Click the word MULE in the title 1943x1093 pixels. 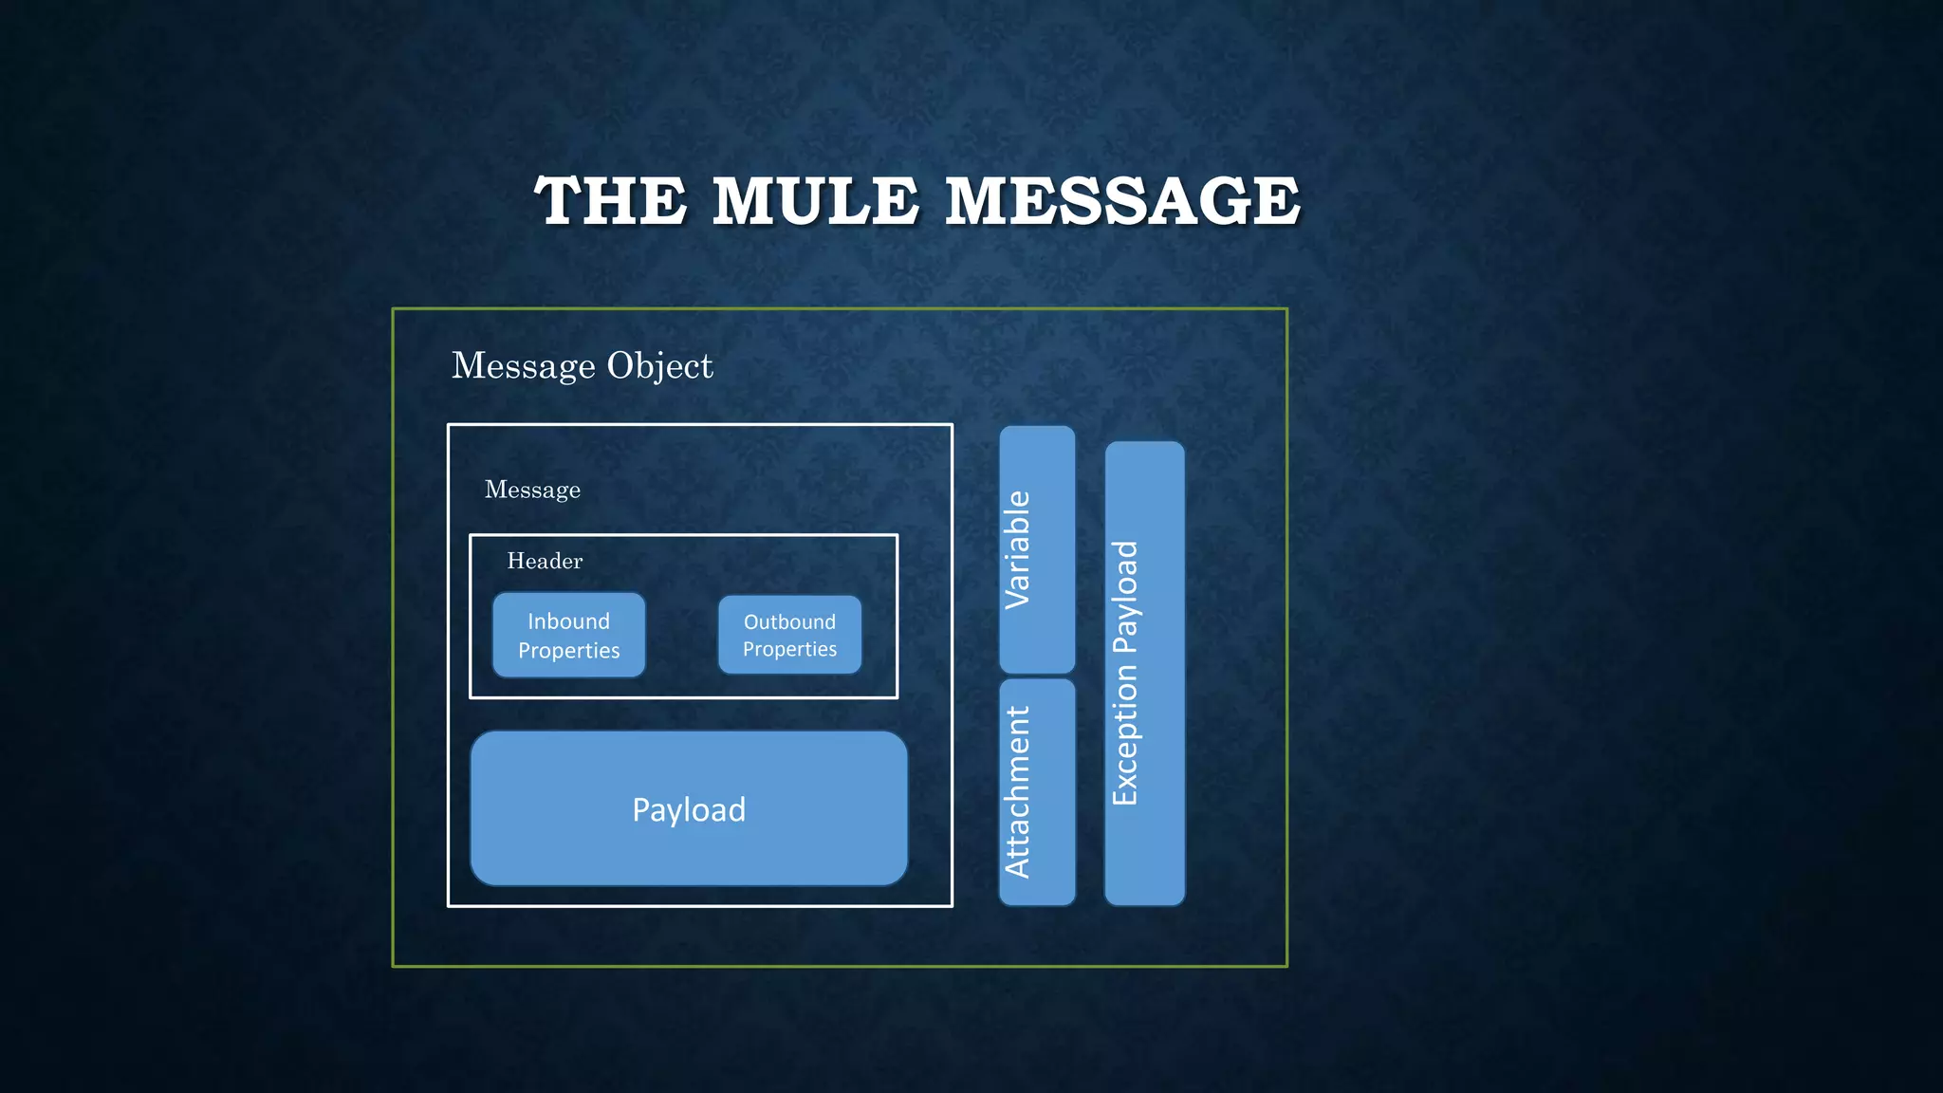pos(815,201)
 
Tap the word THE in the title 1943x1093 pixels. pos(610,201)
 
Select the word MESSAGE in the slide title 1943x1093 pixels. pos(1122,201)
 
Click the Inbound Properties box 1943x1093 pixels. pos(568,635)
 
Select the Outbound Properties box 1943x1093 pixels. pos(789,635)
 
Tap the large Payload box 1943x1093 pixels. pos(689,808)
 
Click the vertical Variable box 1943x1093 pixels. pos(1037,549)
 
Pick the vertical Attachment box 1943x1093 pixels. pos(1037,791)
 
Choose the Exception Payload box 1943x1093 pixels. pos(1144,673)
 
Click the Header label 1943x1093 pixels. pos(545,561)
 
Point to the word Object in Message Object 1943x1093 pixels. pos(659,365)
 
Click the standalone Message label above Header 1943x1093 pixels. pos(532,490)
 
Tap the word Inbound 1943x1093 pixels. pos(568,621)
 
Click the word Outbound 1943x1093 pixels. pos(789,622)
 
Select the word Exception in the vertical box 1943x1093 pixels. pos(1125,734)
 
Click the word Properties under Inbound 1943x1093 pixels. pos(568,651)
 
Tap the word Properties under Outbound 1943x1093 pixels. pos(789,649)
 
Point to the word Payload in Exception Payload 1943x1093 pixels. pos(1125,597)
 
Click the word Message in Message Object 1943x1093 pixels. pos(523,365)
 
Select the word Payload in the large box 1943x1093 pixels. pos(689,810)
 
